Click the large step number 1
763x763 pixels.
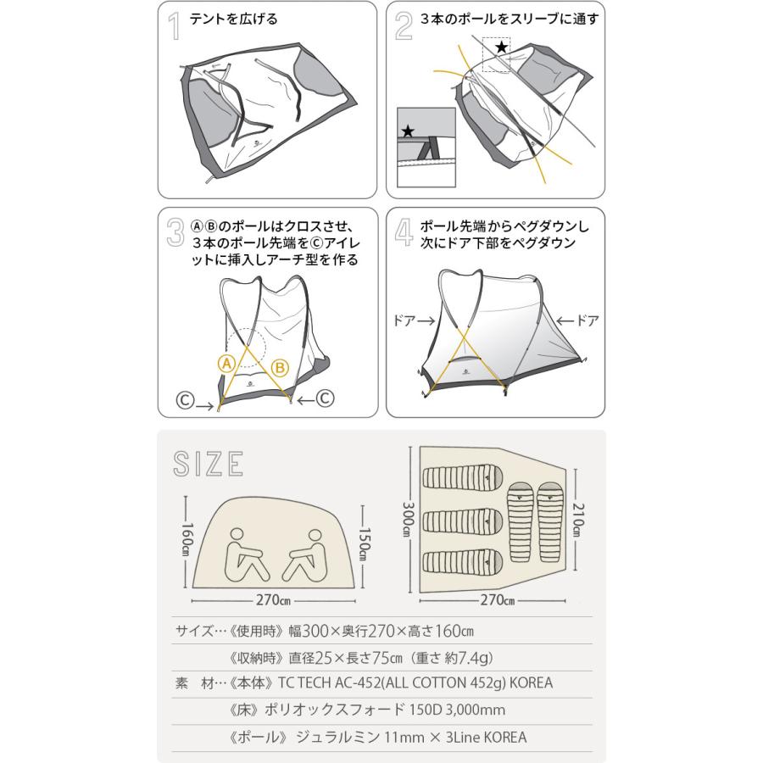point(175,26)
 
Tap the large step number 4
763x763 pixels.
point(404,232)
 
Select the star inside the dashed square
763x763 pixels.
point(502,48)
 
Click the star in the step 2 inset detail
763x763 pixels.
point(408,131)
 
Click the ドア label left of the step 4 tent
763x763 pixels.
point(405,321)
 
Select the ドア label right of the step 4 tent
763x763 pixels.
point(586,321)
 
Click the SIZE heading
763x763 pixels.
point(209,464)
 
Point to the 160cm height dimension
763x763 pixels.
point(186,537)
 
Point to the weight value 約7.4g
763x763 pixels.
point(469,656)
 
